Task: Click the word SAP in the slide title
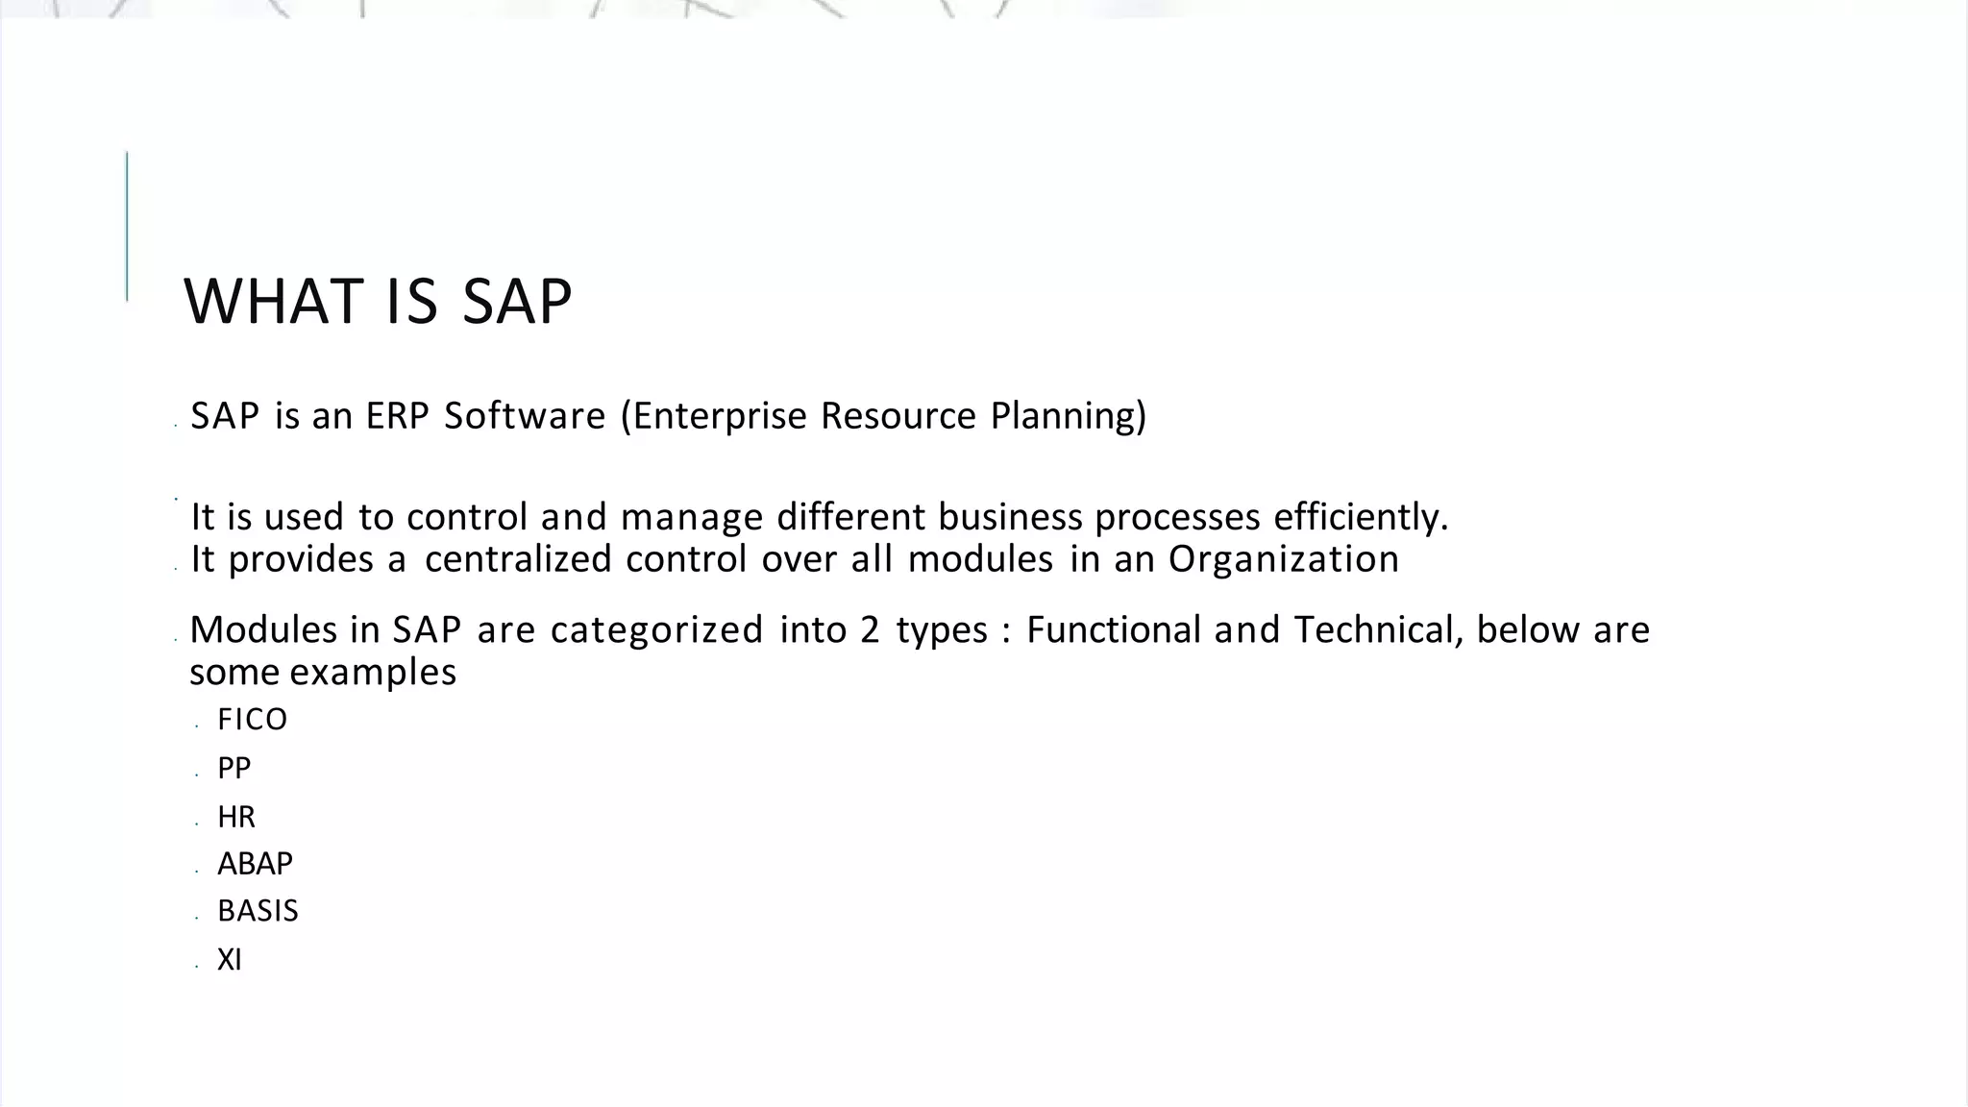pos(517,302)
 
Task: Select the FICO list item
pos(252,720)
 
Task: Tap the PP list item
pos(234,769)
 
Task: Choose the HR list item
pos(236,817)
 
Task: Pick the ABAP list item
pos(255,864)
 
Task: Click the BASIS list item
pos(258,911)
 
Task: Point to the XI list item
pos(229,960)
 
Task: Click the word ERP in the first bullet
pos(397,416)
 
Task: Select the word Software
pos(525,416)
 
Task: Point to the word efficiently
pos(1361,517)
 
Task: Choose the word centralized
pos(518,559)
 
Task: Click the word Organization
pos(1283,559)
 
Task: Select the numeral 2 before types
pos(870,630)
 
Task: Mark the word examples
pos(373,672)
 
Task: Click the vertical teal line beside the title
pos(127,227)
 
